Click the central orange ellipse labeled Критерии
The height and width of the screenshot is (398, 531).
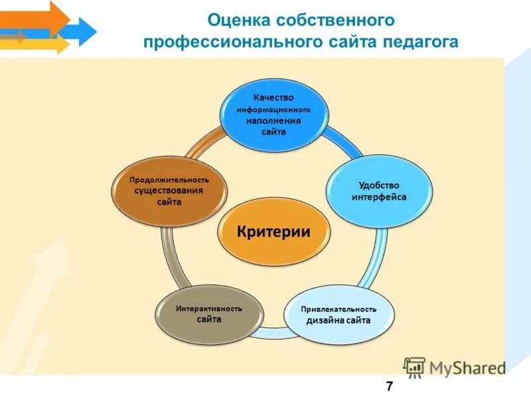click(x=274, y=232)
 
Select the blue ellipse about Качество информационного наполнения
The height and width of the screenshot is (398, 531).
click(x=273, y=115)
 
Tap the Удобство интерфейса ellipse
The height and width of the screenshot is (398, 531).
click(x=375, y=192)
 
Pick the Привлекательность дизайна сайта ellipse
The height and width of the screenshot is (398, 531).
click(x=339, y=314)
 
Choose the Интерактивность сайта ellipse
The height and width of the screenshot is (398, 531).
click(x=208, y=314)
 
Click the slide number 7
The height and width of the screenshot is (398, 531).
click(x=388, y=386)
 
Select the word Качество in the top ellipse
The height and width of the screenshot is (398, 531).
click(x=273, y=98)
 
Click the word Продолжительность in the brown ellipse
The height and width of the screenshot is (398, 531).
click(x=169, y=180)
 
